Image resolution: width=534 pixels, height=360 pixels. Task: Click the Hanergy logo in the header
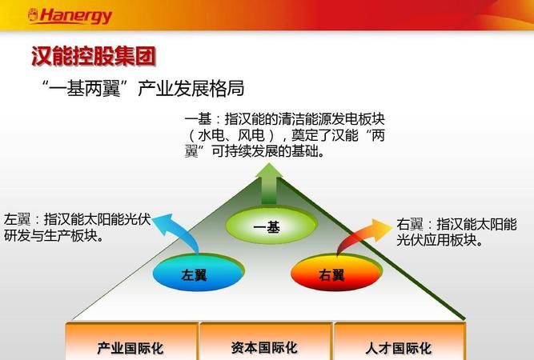(x=70, y=15)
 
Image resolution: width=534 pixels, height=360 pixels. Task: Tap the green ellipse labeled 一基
(x=267, y=227)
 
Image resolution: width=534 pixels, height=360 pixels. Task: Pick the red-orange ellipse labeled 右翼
(x=331, y=274)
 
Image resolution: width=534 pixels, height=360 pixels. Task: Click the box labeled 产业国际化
(x=130, y=348)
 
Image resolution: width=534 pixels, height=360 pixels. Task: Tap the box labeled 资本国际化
(x=264, y=348)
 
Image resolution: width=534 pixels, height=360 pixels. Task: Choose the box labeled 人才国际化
(x=398, y=348)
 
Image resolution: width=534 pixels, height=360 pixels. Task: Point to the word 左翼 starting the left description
(x=17, y=218)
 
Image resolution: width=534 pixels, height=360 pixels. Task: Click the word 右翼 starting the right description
(x=409, y=225)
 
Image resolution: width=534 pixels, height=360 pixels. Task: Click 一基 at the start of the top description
(x=198, y=118)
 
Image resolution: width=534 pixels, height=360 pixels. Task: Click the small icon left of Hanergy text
(x=32, y=15)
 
